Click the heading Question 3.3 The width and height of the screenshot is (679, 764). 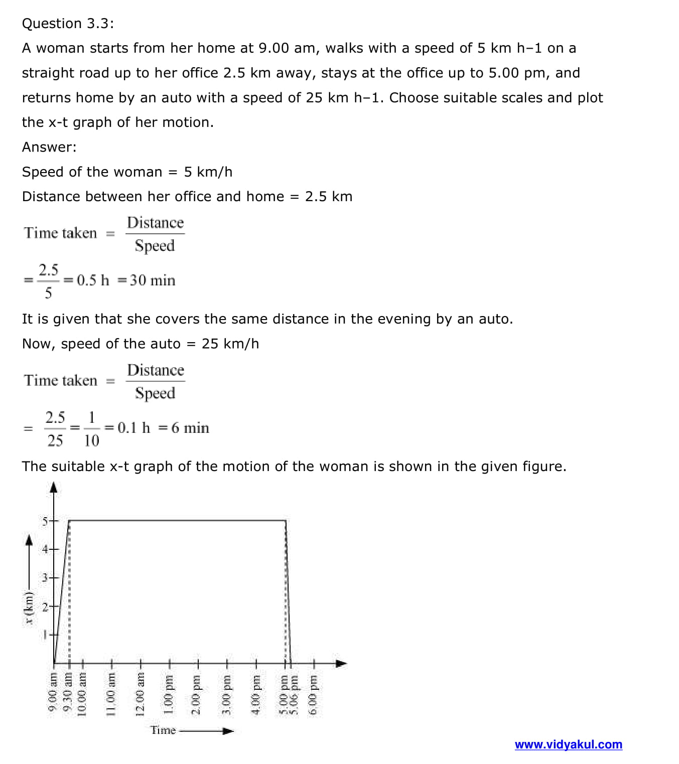coord(68,24)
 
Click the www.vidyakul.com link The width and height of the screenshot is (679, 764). coord(568,744)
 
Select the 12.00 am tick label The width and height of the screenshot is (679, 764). coord(141,695)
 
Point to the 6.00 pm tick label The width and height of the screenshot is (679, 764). coord(314,695)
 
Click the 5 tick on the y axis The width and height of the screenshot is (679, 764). coord(45,521)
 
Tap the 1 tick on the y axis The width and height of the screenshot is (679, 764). coord(45,635)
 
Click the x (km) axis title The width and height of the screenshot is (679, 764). coord(29,608)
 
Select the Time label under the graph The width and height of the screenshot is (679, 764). coord(163,730)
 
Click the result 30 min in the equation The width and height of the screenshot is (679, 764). coord(153,280)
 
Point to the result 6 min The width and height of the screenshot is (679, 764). coord(190,428)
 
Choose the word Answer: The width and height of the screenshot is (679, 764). coord(49,147)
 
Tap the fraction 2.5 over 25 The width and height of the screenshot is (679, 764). coord(55,429)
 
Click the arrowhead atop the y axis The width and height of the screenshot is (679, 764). coord(54,488)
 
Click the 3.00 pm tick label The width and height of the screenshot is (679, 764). coord(226,695)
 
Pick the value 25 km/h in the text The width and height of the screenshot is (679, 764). coord(230,344)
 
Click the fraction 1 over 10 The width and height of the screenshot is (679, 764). coord(91,429)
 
